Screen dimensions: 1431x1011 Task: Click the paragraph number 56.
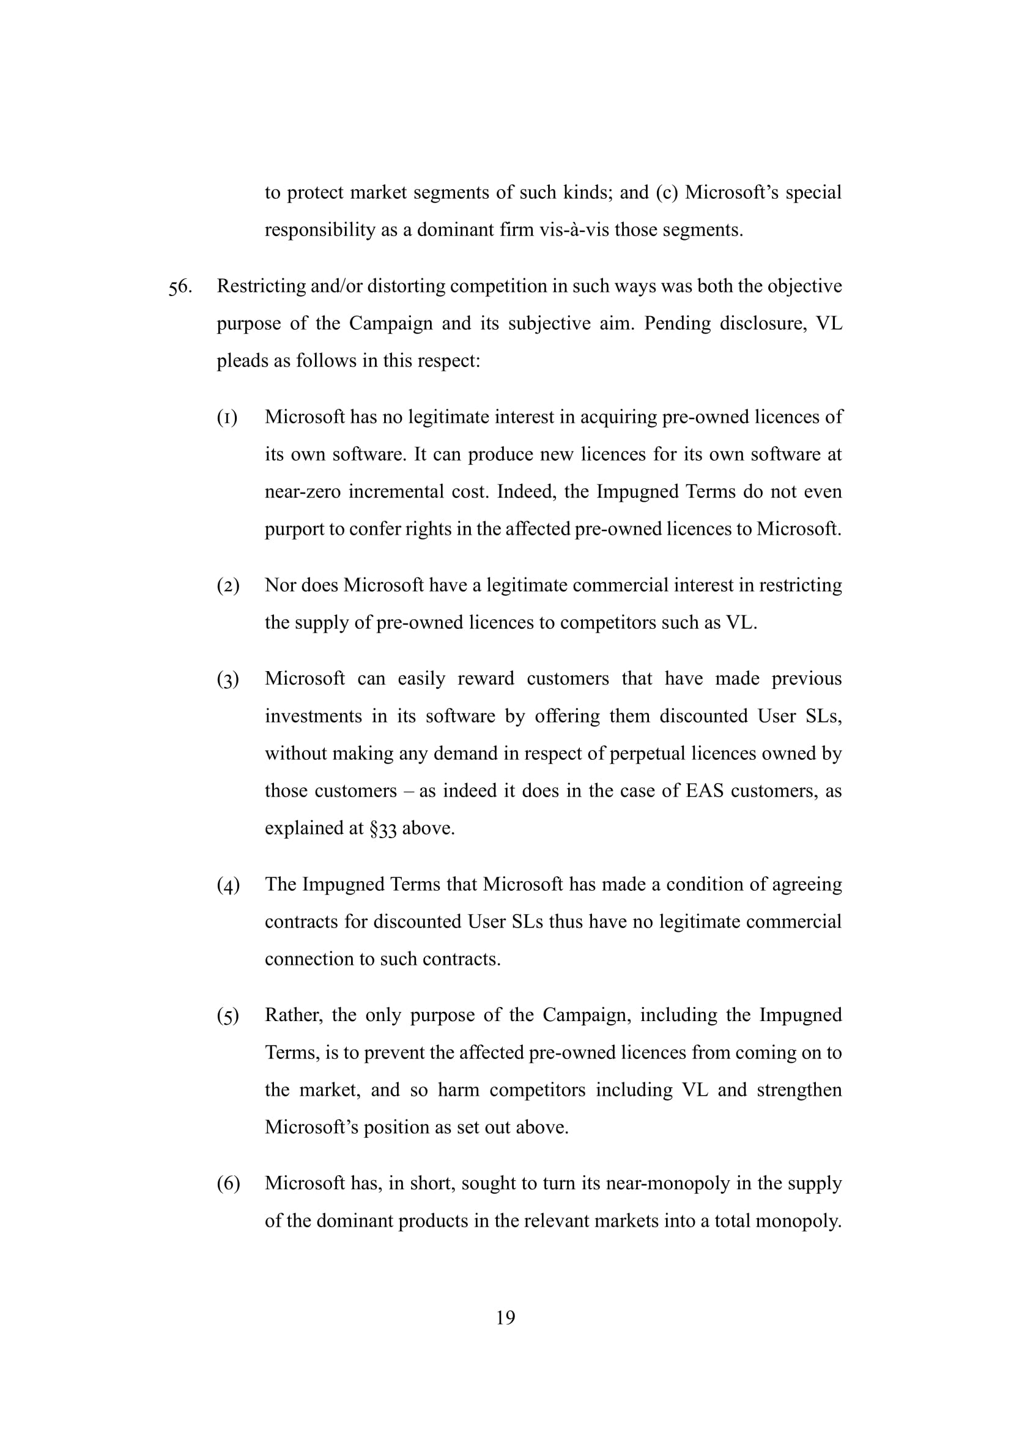click(179, 288)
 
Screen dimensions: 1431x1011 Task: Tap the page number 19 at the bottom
click(505, 1317)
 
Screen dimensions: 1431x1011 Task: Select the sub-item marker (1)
click(228, 418)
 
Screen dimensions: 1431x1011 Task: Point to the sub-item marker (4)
click(228, 885)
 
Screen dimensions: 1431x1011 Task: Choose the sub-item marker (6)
click(228, 1183)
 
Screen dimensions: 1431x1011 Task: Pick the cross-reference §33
click(382, 829)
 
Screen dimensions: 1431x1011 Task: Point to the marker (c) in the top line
click(666, 193)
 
